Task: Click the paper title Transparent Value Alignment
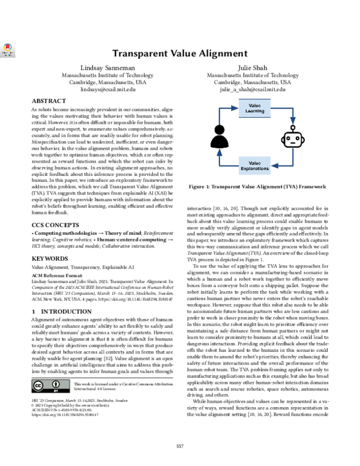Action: coord(179,54)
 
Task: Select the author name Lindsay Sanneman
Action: coord(99,68)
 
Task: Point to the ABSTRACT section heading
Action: coord(49,101)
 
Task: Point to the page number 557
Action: coord(179,445)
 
